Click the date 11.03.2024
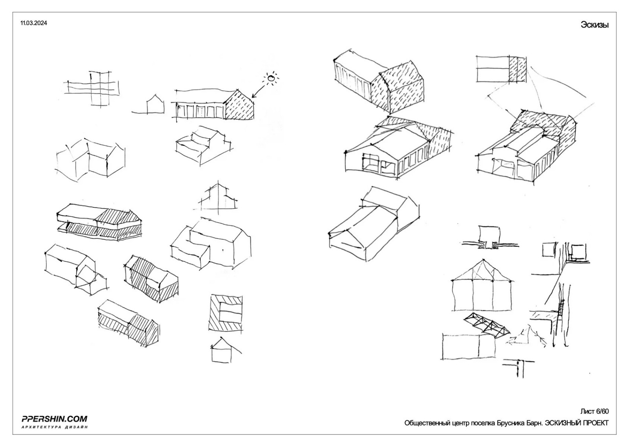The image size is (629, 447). pyautogui.click(x=33, y=23)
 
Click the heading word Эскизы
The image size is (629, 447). pyautogui.click(x=594, y=25)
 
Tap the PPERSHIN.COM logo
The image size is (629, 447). pyautogui.click(x=54, y=419)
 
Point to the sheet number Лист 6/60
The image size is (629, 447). pyautogui.click(x=594, y=412)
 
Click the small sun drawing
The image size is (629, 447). pyautogui.click(x=271, y=79)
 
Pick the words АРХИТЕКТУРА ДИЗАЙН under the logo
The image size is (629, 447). pyautogui.click(x=54, y=427)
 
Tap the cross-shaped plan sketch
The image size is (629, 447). pyautogui.click(x=91, y=88)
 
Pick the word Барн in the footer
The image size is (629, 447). pyautogui.click(x=534, y=423)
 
